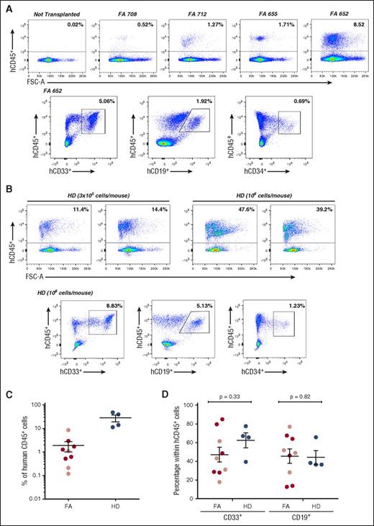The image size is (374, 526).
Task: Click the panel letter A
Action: coord(6,6)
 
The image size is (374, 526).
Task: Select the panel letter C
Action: coord(6,388)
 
